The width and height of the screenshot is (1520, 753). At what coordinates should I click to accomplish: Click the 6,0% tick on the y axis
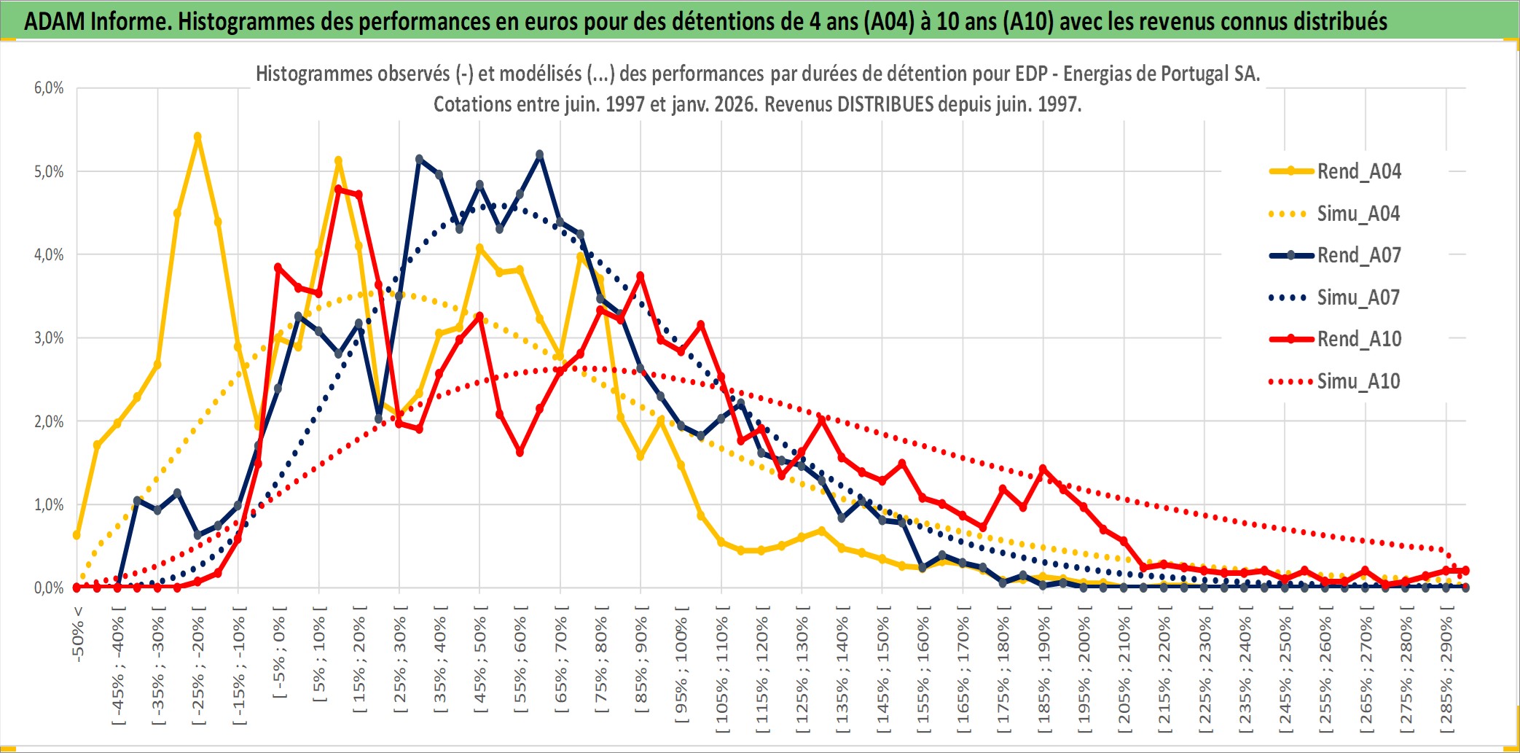[x=49, y=88]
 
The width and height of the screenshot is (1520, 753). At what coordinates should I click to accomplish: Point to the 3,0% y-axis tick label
[x=49, y=338]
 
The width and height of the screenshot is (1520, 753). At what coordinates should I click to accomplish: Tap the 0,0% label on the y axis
[x=49, y=588]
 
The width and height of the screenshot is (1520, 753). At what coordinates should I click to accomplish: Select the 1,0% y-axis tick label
[x=49, y=504]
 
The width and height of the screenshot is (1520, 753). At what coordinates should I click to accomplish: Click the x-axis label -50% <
[x=78, y=633]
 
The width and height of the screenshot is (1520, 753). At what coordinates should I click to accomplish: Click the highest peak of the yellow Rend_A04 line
[x=197, y=136]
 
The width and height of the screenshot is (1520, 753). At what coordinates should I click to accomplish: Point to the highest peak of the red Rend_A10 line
[x=338, y=189]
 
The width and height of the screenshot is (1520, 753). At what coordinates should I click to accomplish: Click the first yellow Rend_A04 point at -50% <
[x=77, y=535]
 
